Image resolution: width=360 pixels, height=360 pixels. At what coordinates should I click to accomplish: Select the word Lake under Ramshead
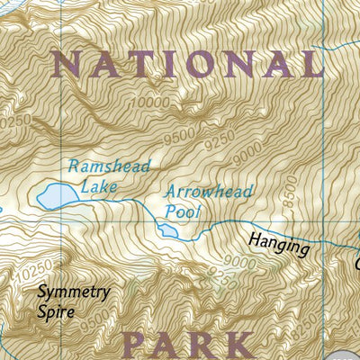[x=98, y=187]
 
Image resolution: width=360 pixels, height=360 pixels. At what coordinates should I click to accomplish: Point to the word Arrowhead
[x=209, y=192]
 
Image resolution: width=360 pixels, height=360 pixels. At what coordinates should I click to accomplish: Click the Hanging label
[x=280, y=246]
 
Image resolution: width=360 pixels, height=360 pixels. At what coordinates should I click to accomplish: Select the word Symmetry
[x=73, y=292]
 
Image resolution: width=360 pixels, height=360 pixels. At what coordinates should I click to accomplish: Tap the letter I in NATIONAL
[x=186, y=63]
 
